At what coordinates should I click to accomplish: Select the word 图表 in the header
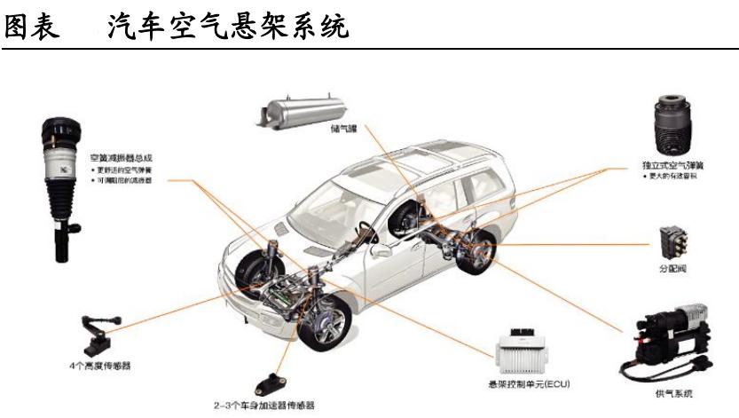click(x=32, y=26)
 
